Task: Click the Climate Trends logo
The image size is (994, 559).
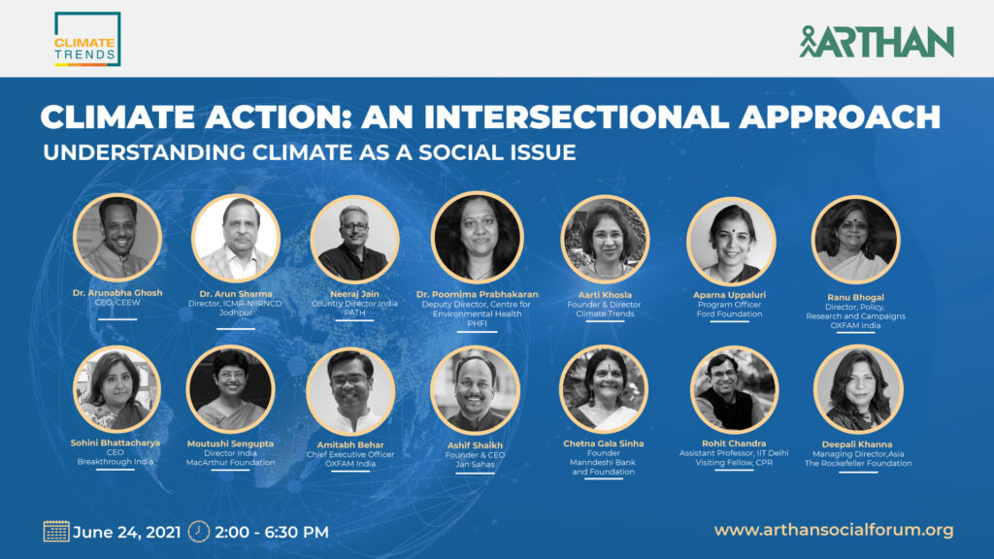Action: pyautogui.click(x=86, y=39)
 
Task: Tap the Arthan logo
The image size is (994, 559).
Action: pyautogui.click(x=877, y=42)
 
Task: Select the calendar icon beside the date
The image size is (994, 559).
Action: pyautogui.click(x=56, y=531)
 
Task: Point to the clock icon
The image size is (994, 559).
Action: pyautogui.click(x=199, y=531)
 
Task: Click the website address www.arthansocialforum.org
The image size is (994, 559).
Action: pyautogui.click(x=834, y=530)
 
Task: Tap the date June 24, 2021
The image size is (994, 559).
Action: pyautogui.click(x=127, y=532)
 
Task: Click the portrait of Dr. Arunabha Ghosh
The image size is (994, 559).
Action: pyautogui.click(x=117, y=238)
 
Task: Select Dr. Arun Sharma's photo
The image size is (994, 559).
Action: pyautogui.click(x=236, y=239)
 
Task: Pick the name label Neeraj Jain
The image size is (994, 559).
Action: pyautogui.click(x=354, y=294)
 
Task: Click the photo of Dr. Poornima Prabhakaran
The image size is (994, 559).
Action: pyautogui.click(x=477, y=237)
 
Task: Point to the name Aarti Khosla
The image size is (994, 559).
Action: pyautogui.click(x=605, y=295)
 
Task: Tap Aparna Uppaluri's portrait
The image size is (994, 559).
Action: pyautogui.click(x=731, y=242)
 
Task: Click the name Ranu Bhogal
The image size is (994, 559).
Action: pyautogui.click(x=855, y=297)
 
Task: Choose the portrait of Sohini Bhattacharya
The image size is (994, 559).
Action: pyautogui.click(x=116, y=389)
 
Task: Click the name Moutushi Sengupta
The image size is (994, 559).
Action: pyautogui.click(x=230, y=444)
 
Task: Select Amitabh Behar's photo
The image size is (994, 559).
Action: pyautogui.click(x=350, y=391)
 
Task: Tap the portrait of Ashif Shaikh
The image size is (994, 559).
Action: pyautogui.click(x=475, y=390)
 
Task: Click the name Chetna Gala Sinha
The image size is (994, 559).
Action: pyautogui.click(x=604, y=444)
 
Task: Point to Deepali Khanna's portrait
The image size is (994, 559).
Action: pyautogui.click(x=858, y=389)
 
